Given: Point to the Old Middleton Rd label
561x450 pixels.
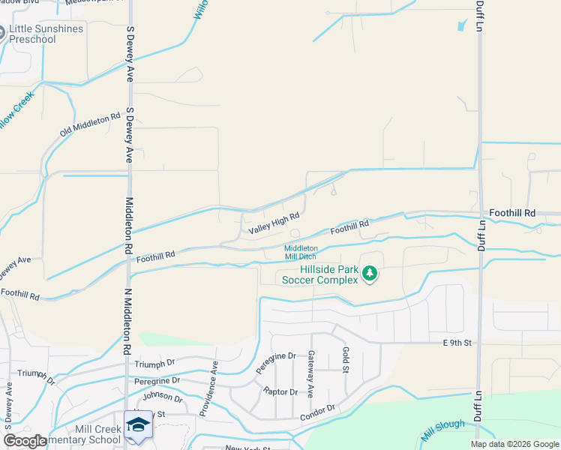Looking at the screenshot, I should coord(90,125).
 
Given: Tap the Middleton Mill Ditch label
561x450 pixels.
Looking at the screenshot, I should coord(301,252).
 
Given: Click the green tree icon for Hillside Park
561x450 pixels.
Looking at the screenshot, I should coord(369,274).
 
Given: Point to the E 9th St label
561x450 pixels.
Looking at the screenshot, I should coord(456,343).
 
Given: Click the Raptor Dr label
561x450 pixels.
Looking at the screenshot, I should coord(280,391).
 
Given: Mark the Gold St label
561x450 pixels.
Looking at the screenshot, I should coord(346,361).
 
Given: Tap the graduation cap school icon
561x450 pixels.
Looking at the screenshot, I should coord(138,425).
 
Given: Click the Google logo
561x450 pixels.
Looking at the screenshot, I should coord(25,441).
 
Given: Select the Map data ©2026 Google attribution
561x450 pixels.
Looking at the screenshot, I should coord(514,444).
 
